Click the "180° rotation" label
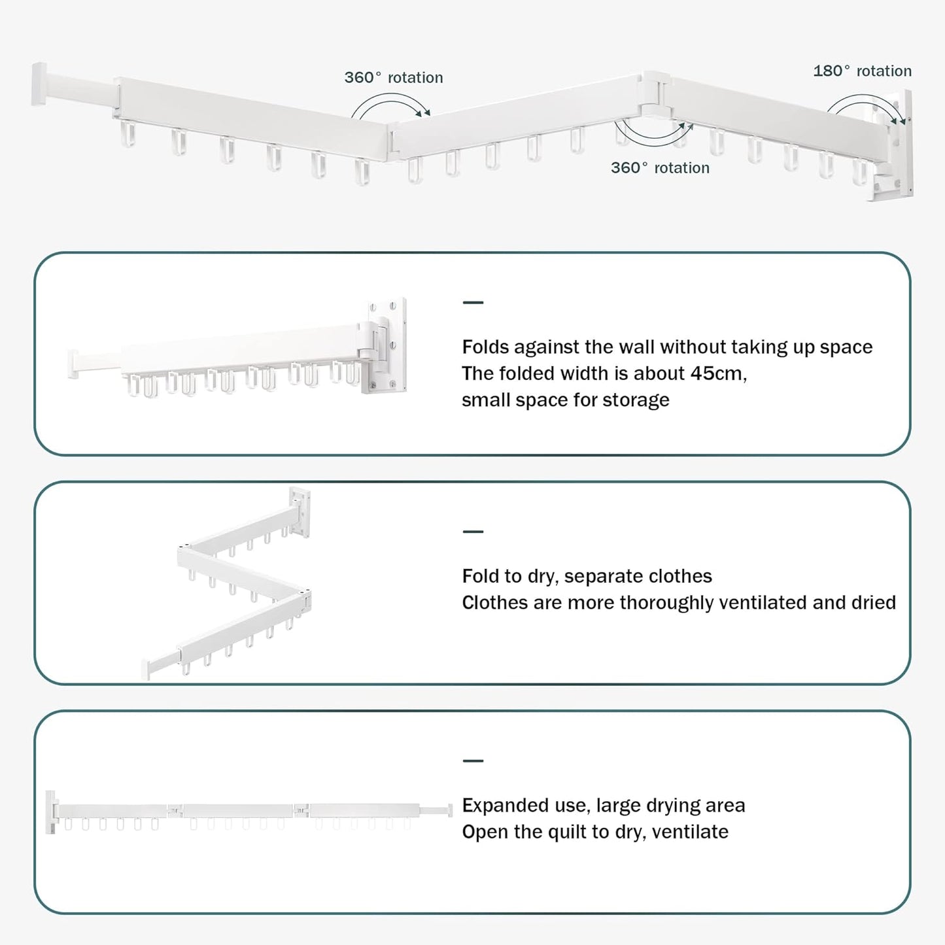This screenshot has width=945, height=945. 862,71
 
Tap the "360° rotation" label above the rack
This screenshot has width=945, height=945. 393,77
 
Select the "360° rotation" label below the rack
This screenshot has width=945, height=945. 660,167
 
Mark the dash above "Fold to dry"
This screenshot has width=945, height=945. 473,532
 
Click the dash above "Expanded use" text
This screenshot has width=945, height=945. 473,761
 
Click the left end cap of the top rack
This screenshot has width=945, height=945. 39,83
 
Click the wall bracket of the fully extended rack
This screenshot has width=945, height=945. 51,812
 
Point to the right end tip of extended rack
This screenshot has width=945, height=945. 449,810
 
